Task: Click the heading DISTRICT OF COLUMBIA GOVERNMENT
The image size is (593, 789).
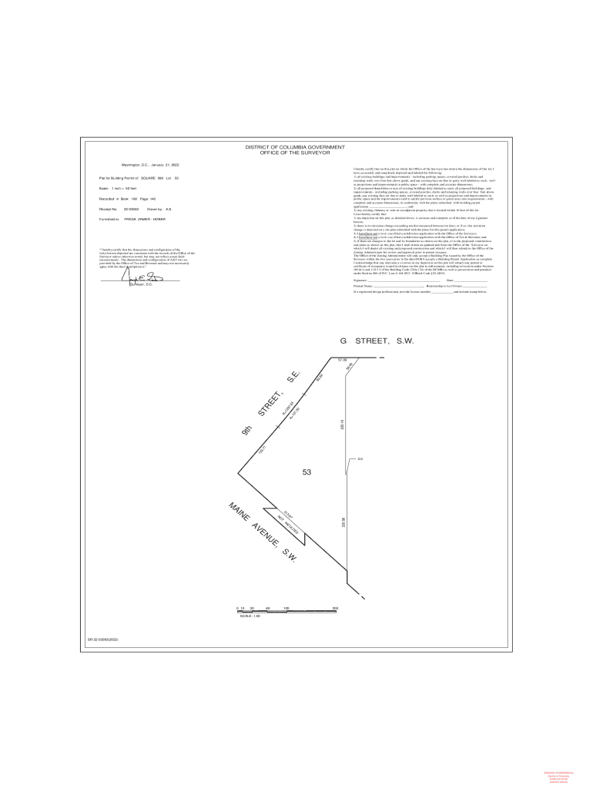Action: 295,147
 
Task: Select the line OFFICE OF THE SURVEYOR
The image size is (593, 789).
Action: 295,153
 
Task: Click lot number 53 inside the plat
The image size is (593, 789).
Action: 307,472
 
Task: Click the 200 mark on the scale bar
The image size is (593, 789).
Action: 335,609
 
